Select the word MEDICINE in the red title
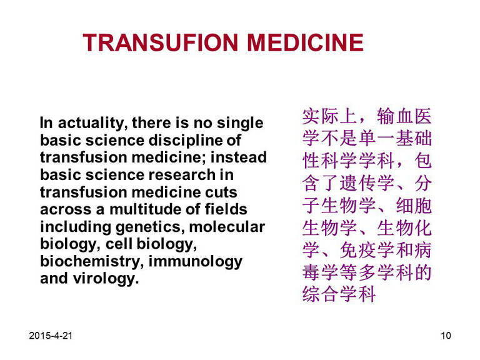click(305, 42)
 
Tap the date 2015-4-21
click(51, 336)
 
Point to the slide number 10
click(446, 336)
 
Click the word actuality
click(91, 123)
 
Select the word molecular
click(227, 227)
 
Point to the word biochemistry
click(92, 262)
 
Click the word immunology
click(195, 262)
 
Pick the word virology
click(106, 279)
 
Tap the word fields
click(226, 209)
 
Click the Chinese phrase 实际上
click(330, 116)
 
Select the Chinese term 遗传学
click(367, 183)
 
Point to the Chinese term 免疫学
click(367, 250)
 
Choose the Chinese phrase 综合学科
click(339, 294)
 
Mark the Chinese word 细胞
click(414, 206)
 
